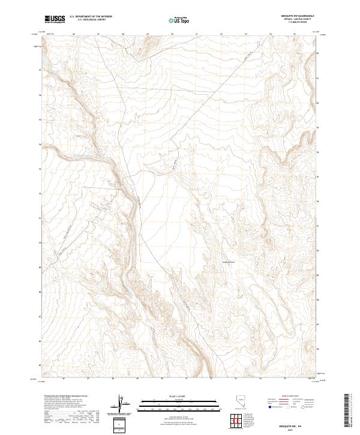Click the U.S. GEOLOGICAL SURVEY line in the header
pyautogui.click(x=88, y=20)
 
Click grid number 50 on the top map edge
pyautogui.click(x=172, y=34)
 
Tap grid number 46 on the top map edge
pyautogui.click(x=73, y=34)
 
